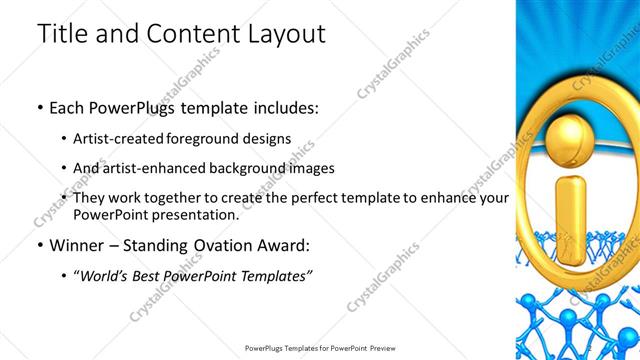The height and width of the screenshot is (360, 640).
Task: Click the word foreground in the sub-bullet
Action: (216, 138)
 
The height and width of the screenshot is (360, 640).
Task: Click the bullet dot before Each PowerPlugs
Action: (39, 107)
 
